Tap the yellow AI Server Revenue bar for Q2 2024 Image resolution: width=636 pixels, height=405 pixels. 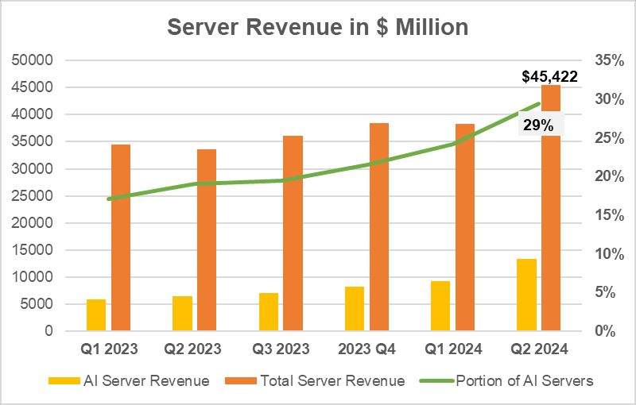pos(526,295)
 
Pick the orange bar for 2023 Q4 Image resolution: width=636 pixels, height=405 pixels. pos(379,227)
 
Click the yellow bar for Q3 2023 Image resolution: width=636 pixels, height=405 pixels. pos(269,311)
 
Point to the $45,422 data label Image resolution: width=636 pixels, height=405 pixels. pos(549,77)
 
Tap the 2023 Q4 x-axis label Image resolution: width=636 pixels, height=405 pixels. pos(367,349)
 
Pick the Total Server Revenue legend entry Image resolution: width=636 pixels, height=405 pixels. pos(323,381)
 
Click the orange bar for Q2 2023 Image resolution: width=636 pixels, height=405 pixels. pos(207,240)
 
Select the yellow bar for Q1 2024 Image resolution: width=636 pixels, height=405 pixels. pos(440,306)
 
